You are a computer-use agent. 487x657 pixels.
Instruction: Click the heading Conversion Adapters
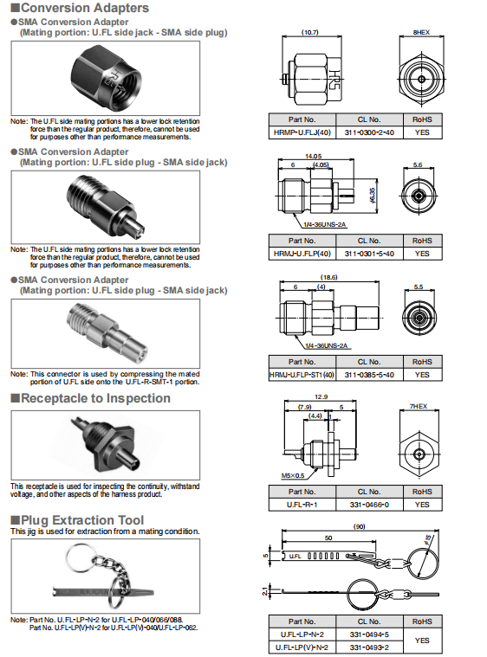(x=85, y=8)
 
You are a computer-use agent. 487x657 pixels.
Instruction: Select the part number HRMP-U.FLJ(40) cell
(x=302, y=132)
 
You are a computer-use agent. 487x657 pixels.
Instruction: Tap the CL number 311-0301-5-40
(x=369, y=254)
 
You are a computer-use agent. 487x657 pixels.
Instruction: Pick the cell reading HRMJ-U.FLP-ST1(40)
(x=302, y=375)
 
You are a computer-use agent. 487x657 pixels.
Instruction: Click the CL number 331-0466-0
(x=369, y=505)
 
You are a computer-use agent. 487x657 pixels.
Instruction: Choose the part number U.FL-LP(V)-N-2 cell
(x=302, y=647)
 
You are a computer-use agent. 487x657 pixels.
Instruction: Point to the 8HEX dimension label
(x=421, y=32)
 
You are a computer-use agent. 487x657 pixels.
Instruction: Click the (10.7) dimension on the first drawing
(x=310, y=32)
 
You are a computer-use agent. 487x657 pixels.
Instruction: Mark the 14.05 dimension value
(x=314, y=156)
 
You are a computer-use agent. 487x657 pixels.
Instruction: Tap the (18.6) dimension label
(x=329, y=277)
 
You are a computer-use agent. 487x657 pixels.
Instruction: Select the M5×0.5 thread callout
(x=293, y=475)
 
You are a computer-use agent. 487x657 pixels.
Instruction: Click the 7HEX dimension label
(x=419, y=406)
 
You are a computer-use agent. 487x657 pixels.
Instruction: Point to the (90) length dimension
(x=360, y=526)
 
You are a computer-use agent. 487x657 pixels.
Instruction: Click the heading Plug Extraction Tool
(x=82, y=520)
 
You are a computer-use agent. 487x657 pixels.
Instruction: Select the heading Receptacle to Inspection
(x=95, y=398)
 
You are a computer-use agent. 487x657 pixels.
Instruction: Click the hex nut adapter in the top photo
(x=106, y=77)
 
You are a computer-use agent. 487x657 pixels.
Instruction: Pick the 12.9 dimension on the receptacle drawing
(x=321, y=396)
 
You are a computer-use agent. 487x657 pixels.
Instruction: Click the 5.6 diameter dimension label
(x=418, y=165)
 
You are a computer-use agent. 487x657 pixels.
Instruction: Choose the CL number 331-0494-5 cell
(x=369, y=634)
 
